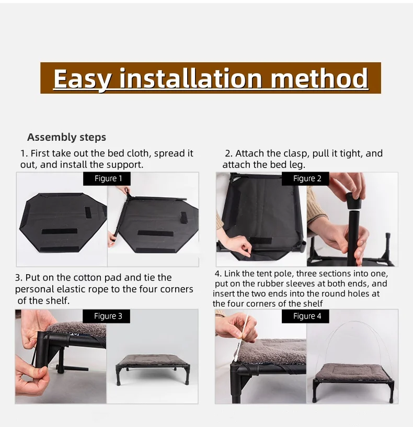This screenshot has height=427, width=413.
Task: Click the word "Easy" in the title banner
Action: [82, 78]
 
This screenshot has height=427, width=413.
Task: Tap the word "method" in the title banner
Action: [319, 78]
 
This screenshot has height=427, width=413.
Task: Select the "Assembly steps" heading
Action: [67, 137]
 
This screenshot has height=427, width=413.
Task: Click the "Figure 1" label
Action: [108, 178]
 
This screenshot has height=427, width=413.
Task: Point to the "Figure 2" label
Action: [307, 178]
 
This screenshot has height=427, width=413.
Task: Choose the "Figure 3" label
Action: [108, 316]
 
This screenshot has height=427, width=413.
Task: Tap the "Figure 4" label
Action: [307, 316]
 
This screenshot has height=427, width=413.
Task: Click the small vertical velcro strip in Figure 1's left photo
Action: [88, 212]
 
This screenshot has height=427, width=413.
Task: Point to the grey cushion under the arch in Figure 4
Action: [353, 372]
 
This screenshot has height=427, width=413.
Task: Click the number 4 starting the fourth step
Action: [217, 273]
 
